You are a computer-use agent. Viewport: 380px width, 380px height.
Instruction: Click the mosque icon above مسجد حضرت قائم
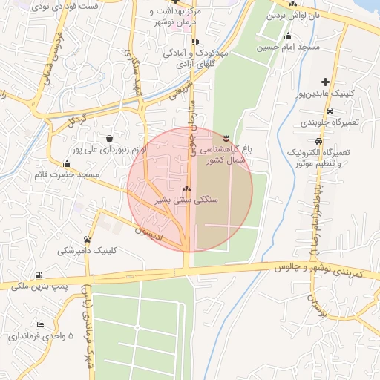point(68,164)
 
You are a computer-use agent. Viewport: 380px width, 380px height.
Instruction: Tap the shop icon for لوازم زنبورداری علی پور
point(110,138)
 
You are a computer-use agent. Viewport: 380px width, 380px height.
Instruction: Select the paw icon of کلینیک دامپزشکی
point(88,239)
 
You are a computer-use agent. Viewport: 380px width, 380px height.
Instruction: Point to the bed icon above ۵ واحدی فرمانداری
point(40,325)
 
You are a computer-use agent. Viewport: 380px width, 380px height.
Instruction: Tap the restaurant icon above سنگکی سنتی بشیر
point(186,190)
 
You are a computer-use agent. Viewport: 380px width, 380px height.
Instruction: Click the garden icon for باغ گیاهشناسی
point(226,138)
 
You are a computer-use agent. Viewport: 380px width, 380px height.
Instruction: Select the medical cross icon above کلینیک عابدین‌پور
point(324,82)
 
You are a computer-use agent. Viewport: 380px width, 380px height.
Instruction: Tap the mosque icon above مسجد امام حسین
point(288,37)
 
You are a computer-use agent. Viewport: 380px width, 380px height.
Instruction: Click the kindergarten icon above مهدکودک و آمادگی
point(195,42)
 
